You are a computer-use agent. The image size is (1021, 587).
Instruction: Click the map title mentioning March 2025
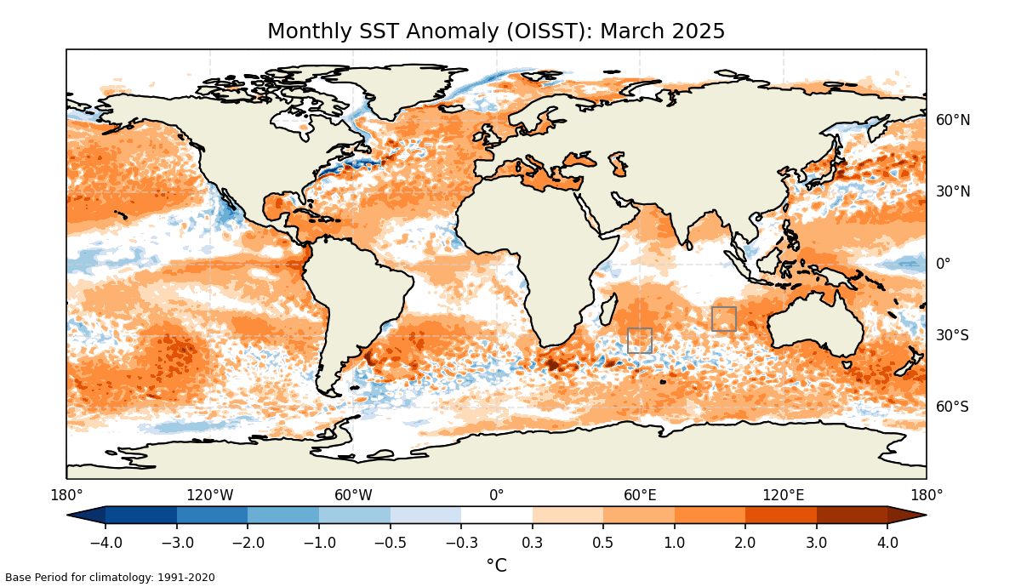tap(496, 31)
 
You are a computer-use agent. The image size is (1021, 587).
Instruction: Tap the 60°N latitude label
tap(953, 120)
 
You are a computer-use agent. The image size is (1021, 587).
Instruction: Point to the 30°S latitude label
tap(953, 335)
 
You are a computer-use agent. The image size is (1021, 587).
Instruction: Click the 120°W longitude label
tap(210, 495)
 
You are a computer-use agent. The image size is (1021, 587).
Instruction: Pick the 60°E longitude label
tap(640, 495)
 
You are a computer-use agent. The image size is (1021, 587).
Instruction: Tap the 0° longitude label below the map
tap(496, 495)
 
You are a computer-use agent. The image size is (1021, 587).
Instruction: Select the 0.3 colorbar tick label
tap(533, 543)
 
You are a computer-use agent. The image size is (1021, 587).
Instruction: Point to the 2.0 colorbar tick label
tap(745, 543)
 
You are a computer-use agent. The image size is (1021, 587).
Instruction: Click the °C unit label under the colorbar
tap(496, 565)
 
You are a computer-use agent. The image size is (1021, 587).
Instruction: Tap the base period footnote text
tap(110, 578)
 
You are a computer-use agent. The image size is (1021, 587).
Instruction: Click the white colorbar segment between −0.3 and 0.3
tap(497, 515)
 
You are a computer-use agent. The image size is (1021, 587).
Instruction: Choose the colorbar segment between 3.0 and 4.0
tap(852, 515)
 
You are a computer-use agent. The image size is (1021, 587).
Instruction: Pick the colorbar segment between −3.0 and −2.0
tap(212, 515)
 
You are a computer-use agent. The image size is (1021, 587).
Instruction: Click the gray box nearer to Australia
tap(724, 319)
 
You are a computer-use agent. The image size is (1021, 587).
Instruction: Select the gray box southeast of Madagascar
tap(640, 340)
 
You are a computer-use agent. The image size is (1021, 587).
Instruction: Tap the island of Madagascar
tap(606, 312)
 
